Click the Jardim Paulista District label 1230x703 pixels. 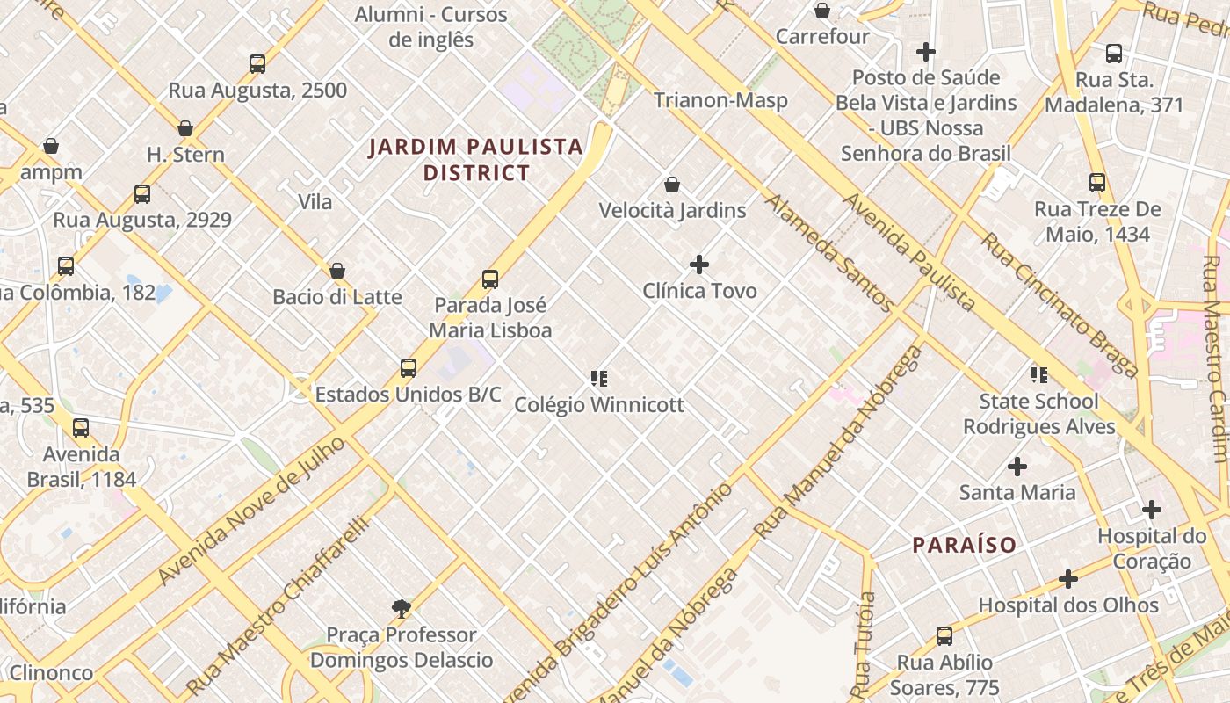click(x=476, y=159)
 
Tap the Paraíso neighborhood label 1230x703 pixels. click(x=964, y=545)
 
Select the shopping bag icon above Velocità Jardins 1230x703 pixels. click(x=672, y=185)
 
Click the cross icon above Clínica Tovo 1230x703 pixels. click(x=699, y=265)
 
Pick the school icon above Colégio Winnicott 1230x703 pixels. click(x=599, y=379)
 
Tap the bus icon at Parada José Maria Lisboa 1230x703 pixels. click(x=490, y=279)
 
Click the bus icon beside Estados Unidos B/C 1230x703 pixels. click(x=409, y=368)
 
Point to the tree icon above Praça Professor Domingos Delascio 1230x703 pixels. click(x=402, y=608)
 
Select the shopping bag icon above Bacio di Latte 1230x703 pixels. click(x=337, y=271)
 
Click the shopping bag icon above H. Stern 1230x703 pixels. click(x=185, y=128)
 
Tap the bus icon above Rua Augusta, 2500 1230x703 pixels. click(x=257, y=64)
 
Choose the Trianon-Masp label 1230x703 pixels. click(x=720, y=100)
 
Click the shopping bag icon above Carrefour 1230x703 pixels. click(x=822, y=11)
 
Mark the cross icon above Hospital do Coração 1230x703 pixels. click(x=1151, y=510)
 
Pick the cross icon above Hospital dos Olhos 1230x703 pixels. click(x=1068, y=579)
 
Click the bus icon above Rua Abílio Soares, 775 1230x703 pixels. click(x=944, y=635)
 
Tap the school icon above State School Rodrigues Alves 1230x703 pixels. click(x=1039, y=375)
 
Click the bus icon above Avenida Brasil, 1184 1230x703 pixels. click(x=81, y=428)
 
